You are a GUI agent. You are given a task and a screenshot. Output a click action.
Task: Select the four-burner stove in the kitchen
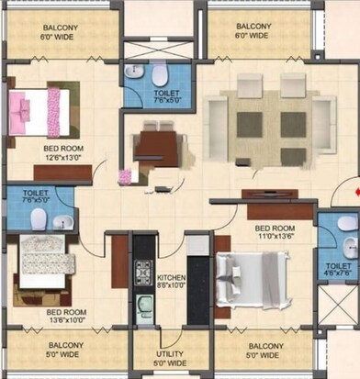click(144, 272)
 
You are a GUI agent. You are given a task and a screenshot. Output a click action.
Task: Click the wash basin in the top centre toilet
click(134, 72)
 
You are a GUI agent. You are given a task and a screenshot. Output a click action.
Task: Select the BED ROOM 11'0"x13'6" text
click(274, 233)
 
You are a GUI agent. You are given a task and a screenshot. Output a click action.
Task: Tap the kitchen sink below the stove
click(144, 306)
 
